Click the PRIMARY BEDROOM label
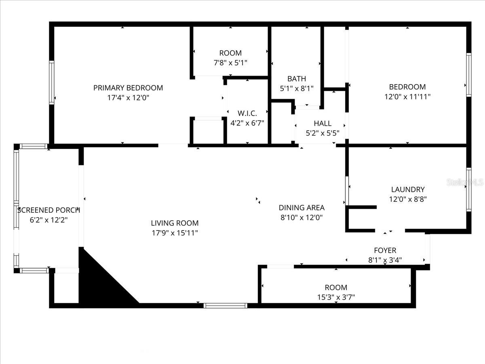click(x=128, y=88)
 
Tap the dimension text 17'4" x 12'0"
click(x=128, y=97)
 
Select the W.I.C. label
click(x=247, y=113)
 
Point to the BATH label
click(x=297, y=78)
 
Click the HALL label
click(x=323, y=123)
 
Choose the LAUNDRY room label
click(x=408, y=189)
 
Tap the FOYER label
click(x=385, y=250)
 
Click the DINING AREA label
click(x=302, y=207)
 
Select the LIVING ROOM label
click(x=175, y=223)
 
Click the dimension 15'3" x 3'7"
click(x=336, y=297)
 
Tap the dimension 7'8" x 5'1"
click(x=230, y=63)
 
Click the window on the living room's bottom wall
click(x=225, y=305)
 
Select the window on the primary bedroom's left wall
click(x=52, y=83)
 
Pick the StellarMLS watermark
click(x=465, y=182)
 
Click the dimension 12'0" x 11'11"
click(x=407, y=97)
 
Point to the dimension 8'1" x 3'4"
click(x=385, y=260)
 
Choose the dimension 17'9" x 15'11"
click(x=175, y=233)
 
